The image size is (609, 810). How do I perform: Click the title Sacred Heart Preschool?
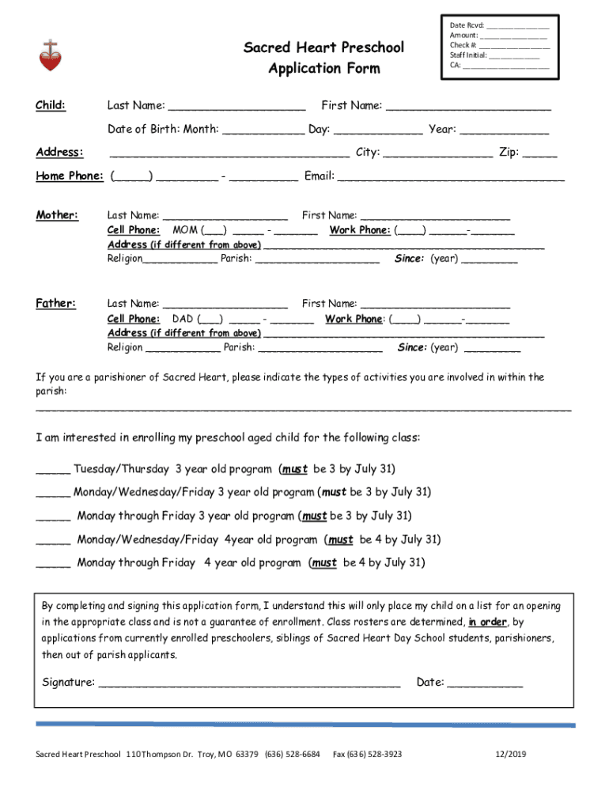coord(323,47)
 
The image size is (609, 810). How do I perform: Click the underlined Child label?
coord(51,106)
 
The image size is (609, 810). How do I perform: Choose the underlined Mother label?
coord(57,215)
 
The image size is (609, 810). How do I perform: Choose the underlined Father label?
coord(56,303)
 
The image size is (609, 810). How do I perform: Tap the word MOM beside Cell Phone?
coord(185,230)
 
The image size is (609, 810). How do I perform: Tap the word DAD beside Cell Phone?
coord(183,319)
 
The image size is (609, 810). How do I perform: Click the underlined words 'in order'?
coord(487,622)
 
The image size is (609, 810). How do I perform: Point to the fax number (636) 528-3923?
coord(367,755)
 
